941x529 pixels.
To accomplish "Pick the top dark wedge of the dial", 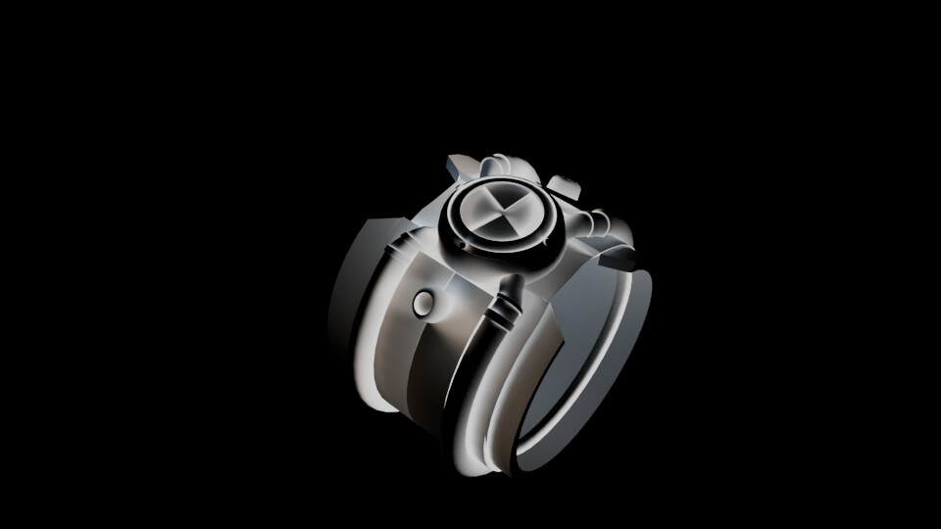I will pos(506,196).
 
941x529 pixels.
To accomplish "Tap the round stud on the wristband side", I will pos(422,304).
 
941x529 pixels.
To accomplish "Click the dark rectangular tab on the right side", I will pos(619,259).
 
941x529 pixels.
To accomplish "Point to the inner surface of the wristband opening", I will pos(578,372).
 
